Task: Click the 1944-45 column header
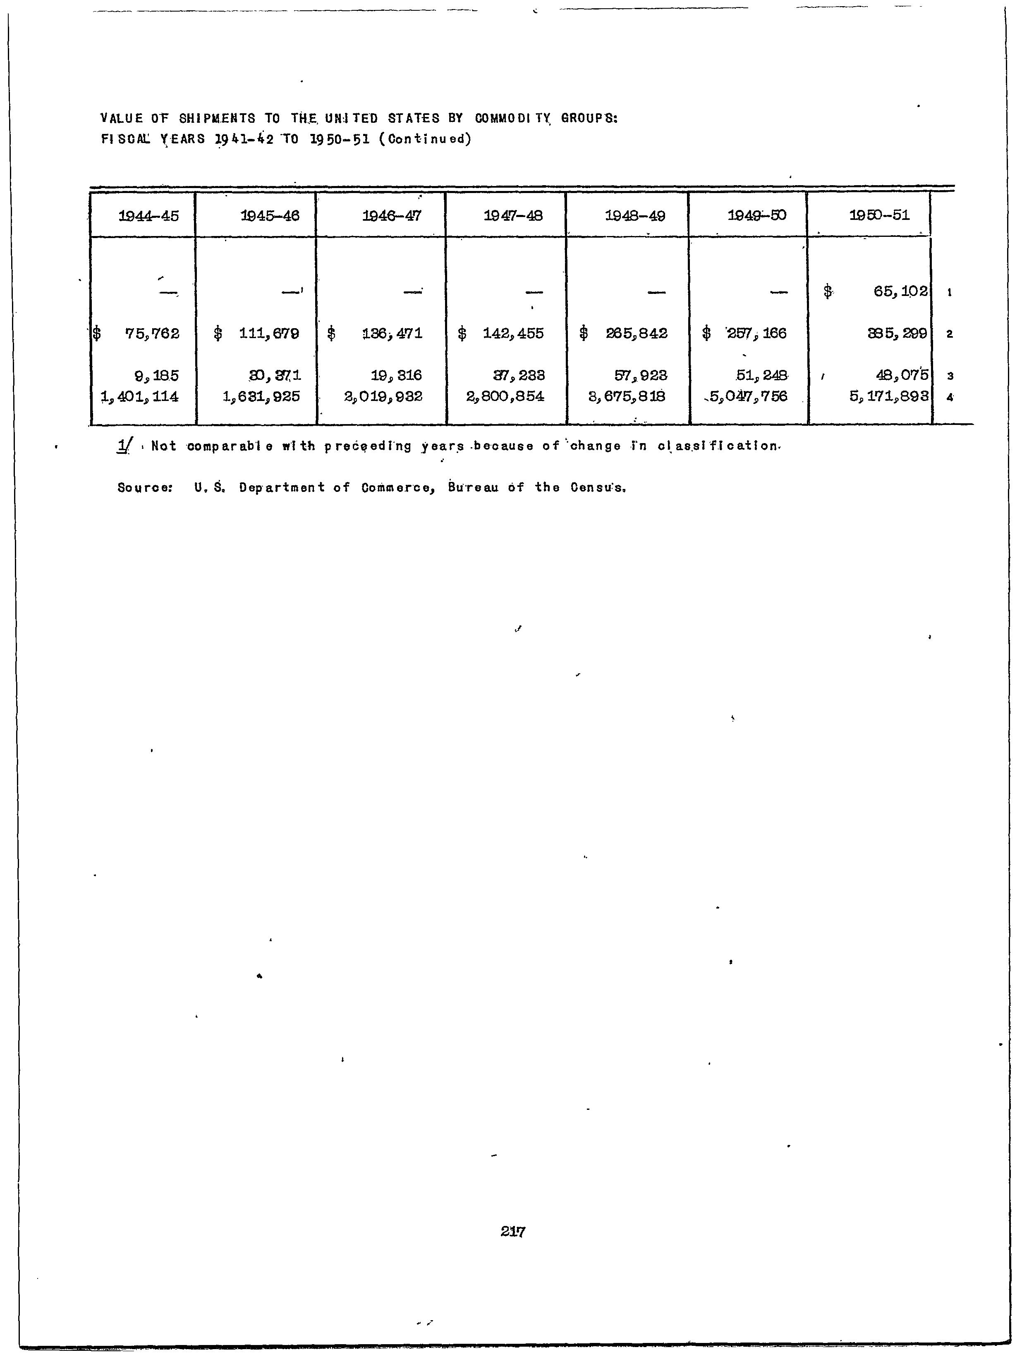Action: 148,216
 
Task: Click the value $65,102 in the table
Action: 900,291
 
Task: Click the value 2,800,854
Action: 505,397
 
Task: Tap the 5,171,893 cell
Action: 889,397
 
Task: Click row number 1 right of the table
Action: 950,293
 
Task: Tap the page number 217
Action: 512,1231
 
